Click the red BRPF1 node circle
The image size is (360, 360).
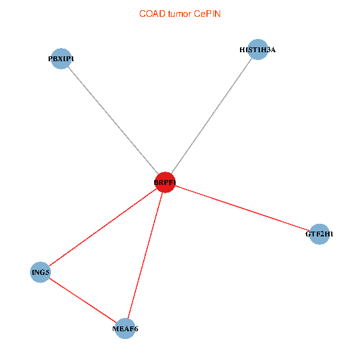[x=165, y=182]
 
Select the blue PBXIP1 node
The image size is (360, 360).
[x=61, y=59]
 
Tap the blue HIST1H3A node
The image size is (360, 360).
[x=258, y=49]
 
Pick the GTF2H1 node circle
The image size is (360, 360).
[x=319, y=234]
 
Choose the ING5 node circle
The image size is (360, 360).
[x=40, y=272]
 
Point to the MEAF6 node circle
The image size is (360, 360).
[x=125, y=329]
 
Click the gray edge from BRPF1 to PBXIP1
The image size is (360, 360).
[x=113, y=121]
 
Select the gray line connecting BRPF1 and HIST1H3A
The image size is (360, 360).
[x=211, y=116]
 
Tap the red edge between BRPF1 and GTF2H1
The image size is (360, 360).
[x=242, y=208]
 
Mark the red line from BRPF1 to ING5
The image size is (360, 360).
[x=103, y=227]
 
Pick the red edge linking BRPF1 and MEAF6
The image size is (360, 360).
[x=145, y=256]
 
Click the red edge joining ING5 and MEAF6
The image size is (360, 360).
[x=83, y=301]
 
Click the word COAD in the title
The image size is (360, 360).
[x=152, y=14]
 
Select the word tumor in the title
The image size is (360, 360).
[x=179, y=14]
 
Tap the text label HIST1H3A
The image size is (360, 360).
[x=257, y=50]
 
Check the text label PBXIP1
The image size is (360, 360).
[x=61, y=59]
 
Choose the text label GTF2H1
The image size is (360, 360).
[x=319, y=234]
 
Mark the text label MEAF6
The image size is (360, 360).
[x=125, y=329]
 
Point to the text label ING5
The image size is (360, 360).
[x=41, y=272]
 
